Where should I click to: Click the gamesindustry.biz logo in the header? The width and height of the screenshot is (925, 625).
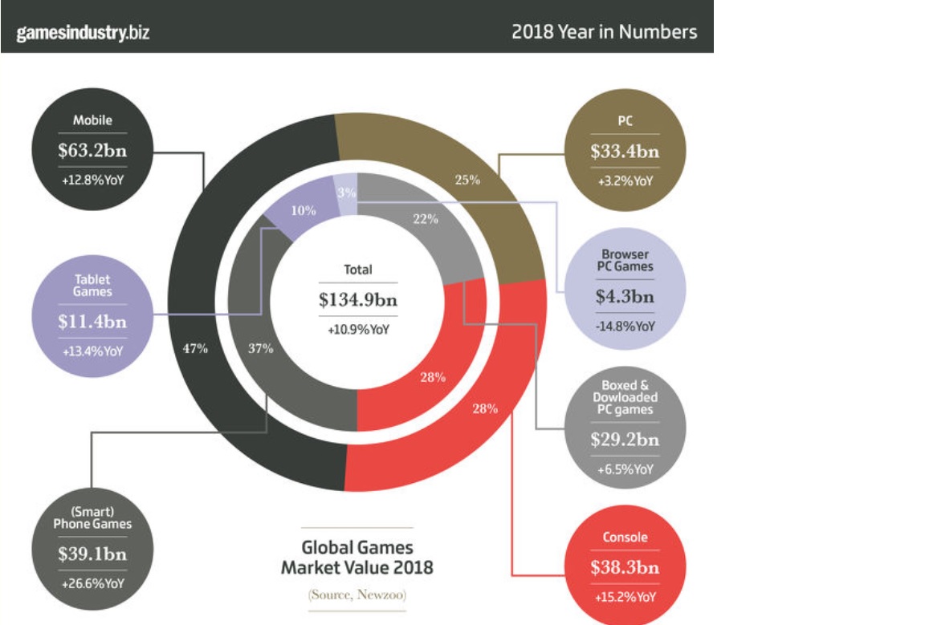[83, 33]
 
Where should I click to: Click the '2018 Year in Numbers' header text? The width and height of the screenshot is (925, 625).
[604, 33]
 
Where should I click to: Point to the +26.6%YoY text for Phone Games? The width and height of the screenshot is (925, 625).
[93, 583]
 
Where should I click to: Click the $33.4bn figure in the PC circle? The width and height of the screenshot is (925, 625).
[625, 150]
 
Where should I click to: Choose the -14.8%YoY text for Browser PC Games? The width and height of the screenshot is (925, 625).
[625, 326]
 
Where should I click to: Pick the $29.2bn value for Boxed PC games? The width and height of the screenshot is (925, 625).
[625, 440]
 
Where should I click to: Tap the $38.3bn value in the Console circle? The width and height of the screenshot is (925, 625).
[625, 567]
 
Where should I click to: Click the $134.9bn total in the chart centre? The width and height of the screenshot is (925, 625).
[357, 300]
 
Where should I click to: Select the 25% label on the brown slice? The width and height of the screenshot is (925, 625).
[467, 180]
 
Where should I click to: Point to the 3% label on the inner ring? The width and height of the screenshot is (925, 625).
[346, 193]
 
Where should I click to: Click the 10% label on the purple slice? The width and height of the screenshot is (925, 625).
[304, 210]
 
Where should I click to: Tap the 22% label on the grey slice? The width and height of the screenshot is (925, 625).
[425, 220]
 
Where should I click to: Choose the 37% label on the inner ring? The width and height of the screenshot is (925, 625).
[260, 348]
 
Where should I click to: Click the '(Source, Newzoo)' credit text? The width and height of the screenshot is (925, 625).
[357, 595]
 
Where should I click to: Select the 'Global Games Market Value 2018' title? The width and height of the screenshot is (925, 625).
[357, 558]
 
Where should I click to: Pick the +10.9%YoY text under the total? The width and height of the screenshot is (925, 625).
[357, 329]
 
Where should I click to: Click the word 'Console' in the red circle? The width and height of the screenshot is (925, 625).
[625, 538]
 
